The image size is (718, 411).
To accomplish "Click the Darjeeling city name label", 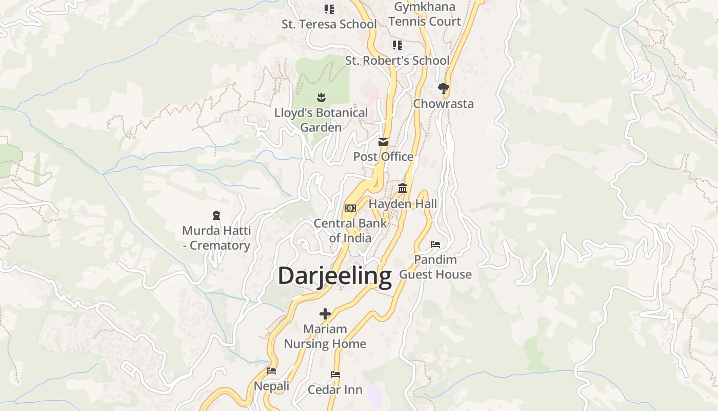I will [x=334, y=276].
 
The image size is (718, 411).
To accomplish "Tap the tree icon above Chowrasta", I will [x=444, y=88].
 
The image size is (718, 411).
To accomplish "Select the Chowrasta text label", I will [x=444, y=104].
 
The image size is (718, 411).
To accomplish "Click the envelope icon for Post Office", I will [x=383, y=142].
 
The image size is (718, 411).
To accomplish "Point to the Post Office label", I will [x=383, y=157].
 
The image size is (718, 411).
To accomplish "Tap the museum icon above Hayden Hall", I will [x=403, y=189].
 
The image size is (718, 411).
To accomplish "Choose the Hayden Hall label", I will [x=403, y=204].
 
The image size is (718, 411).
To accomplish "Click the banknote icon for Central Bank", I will [x=350, y=208].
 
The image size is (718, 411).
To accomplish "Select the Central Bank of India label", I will [x=350, y=231].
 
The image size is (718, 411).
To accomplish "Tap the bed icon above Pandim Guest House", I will [x=435, y=245].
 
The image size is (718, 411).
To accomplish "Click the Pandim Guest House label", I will [x=435, y=267].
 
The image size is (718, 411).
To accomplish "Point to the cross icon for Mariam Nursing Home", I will [x=325, y=313].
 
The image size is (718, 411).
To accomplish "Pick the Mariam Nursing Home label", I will [x=325, y=337].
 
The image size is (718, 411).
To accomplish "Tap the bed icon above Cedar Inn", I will [x=335, y=375].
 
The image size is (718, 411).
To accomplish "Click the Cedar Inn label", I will [x=335, y=390].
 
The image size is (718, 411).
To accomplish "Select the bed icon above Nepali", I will [x=271, y=370].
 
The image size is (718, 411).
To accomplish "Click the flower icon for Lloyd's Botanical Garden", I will [x=321, y=97].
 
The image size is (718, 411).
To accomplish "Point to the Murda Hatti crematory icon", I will [x=216, y=215].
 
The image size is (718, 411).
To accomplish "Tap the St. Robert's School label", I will [x=397, y=61].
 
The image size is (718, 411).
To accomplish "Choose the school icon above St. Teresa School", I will [x=329, y=9].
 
